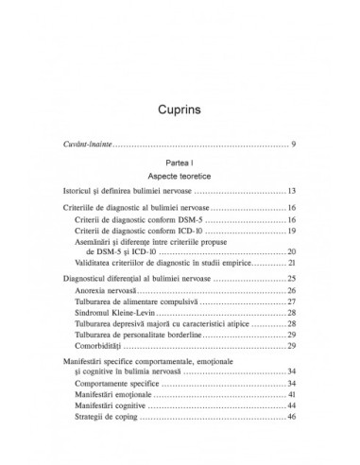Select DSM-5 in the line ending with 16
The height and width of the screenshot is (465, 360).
pyautogui.click(x=190, y=245)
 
